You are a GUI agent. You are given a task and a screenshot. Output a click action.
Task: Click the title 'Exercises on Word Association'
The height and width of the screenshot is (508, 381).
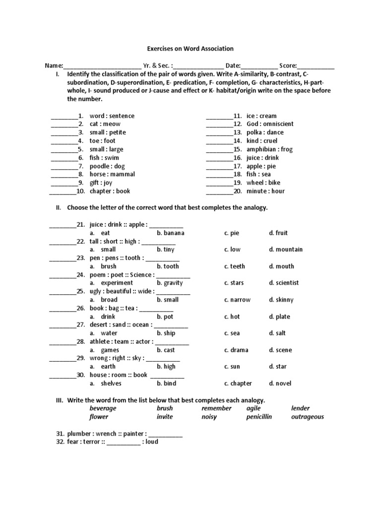pos(190,49)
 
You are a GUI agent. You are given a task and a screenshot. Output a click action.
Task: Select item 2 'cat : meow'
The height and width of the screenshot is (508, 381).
pos(105,124)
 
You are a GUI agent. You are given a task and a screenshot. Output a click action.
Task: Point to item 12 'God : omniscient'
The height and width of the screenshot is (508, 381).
pos(270,124)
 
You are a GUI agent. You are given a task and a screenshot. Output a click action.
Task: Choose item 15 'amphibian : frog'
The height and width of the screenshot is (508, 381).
pos(269,149)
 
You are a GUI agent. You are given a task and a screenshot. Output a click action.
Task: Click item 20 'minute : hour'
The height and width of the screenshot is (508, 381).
pos(265,191)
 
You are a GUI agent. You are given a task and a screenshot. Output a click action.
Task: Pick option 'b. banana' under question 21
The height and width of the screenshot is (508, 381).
pos(170,233)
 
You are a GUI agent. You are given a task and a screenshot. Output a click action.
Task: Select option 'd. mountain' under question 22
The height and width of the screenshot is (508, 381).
pos(285,250)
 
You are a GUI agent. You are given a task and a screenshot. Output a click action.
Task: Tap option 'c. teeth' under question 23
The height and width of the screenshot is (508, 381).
pos(234,266)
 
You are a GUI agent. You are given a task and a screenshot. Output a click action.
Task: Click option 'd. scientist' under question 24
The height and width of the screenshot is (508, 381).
pos(284,283)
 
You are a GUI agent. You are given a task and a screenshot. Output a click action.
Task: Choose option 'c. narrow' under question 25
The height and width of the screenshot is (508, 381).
pos(237,300)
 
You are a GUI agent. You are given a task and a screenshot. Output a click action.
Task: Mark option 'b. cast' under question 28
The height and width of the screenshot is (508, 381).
pos(166,350)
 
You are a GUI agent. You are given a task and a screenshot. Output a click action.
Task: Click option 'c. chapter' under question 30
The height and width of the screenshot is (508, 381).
pos(238,383)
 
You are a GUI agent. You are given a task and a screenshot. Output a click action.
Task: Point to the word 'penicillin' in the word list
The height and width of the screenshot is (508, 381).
pos(259,417)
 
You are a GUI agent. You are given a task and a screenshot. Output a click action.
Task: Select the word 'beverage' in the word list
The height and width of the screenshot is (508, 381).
pos(103,408)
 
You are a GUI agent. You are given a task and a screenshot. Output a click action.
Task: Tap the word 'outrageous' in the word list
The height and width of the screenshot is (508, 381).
pos(307,417)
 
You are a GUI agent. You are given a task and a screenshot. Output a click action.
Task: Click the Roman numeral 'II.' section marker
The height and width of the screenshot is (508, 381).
pos(58,208)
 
